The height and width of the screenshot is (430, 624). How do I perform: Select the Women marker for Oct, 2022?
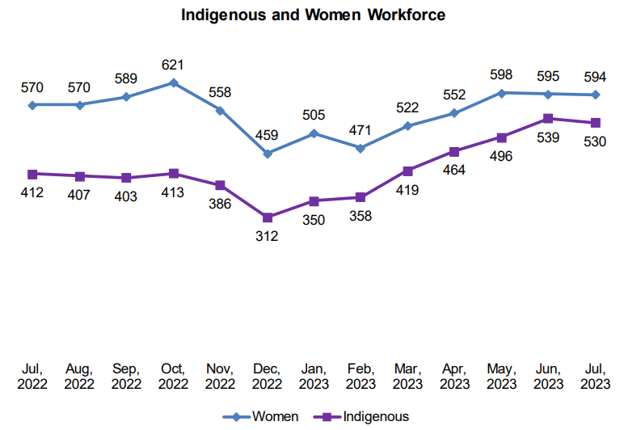click(x=173, y=82)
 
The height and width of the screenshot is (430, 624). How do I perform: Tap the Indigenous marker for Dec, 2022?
click(x=267, y=217)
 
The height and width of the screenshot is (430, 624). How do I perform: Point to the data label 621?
click(x=173, y=63)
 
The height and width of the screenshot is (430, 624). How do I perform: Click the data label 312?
click(x=267, y=236)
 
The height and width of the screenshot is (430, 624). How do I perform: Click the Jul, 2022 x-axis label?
click(x=32, y=376)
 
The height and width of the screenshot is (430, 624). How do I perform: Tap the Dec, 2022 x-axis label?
click(x=267, y=376)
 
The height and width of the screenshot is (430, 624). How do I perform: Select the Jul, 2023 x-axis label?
click(x=596, y=376)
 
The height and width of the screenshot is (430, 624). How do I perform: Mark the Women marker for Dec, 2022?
click(x=267, y=154)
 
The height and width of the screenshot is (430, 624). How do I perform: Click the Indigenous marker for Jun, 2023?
click(x=548, y=118)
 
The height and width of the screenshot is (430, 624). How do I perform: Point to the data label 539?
click(x=548, y=137)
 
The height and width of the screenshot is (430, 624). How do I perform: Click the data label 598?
click(x=501, y=74)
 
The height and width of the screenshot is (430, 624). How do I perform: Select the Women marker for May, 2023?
click(x=501, y=93)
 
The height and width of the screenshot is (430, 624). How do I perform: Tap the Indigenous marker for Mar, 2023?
click(x=407, y=171)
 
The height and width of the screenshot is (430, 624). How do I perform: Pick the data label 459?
click(x=267, y=134)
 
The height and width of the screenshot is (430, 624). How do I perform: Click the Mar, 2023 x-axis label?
click(x=407, y=376)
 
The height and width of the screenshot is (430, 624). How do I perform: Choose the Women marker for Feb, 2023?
click(x=360, y=148)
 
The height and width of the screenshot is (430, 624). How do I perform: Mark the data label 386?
click(x=220, y=204)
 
